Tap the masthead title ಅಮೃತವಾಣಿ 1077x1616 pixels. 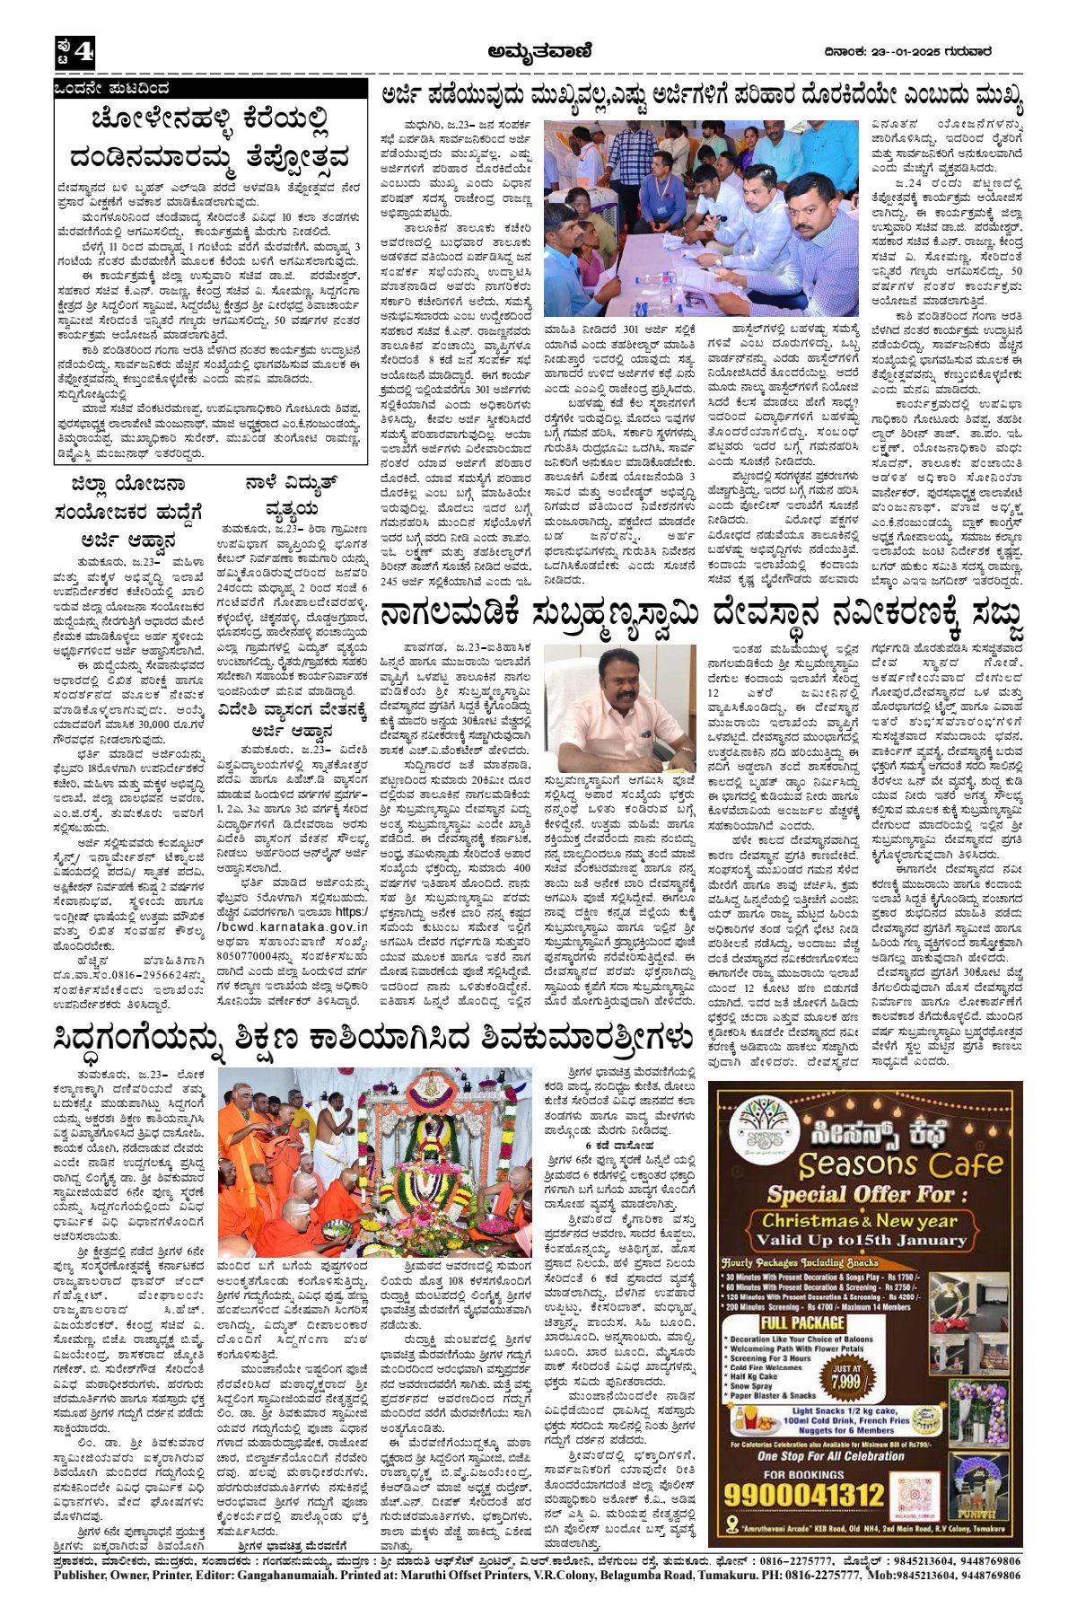pos(539,52)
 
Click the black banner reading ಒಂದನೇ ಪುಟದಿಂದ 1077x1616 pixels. pos(111,89)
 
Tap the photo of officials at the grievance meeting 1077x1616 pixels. pos(701,218)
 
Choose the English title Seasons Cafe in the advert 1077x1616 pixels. pos(900,1164)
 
